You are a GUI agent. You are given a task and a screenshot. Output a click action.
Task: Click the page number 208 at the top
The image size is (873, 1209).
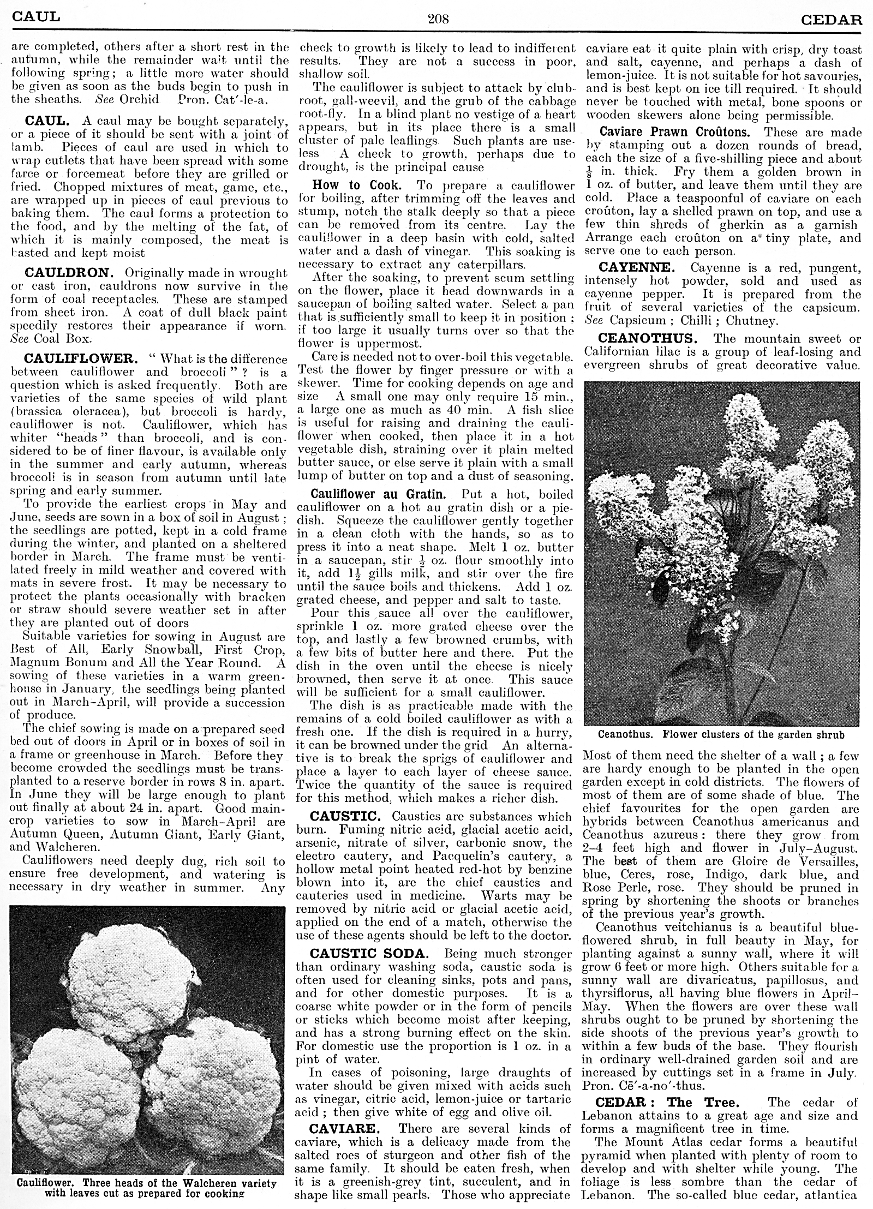coord(438,20)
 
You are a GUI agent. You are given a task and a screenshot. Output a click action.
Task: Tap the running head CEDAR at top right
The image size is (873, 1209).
coord(832,20)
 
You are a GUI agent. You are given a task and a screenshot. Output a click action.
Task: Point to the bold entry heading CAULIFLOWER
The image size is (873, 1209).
coord(79,359)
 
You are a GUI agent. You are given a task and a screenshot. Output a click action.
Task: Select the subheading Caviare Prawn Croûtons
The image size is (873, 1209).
coord(674,132)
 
